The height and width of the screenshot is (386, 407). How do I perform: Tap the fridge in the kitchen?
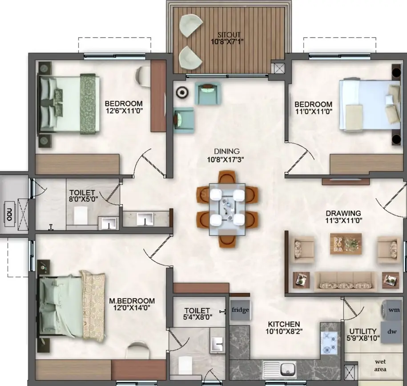240,310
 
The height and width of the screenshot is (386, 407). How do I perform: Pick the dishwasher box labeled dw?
391,331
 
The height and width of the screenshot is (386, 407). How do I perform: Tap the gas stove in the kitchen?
330,343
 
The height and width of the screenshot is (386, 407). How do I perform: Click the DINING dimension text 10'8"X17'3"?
226,159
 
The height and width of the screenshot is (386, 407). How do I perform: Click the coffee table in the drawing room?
346,244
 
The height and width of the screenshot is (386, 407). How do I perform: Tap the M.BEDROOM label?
132,301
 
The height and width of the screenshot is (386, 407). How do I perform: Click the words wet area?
380,365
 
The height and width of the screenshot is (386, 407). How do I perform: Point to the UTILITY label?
363,331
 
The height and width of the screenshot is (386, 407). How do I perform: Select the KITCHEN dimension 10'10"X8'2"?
284,331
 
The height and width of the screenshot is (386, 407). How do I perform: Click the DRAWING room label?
343,213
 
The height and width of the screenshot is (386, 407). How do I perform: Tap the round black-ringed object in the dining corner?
182,92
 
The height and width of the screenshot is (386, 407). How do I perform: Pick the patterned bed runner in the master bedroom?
93,305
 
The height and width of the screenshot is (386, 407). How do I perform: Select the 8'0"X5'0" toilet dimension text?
82,199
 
